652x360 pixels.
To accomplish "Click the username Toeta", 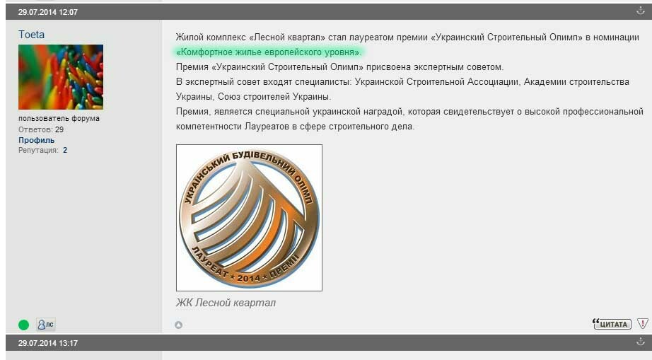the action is tap(31, 35).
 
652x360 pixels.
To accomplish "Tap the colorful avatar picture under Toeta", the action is tap(61, 77).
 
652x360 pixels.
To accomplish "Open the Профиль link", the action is tap(36, 140).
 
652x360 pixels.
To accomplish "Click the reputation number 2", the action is tap(65, 150).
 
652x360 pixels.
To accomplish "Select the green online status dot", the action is tap(24, 325).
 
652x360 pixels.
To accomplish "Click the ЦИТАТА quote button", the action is tap(612, 324).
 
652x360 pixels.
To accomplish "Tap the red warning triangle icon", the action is tap(642, 323).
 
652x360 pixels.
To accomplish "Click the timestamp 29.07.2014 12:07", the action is tap(48, 12).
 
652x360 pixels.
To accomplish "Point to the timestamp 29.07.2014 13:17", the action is tap(48, 343).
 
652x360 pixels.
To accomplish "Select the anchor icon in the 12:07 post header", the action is tap(641, 11).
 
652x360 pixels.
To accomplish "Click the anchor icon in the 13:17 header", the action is tap(641, 342).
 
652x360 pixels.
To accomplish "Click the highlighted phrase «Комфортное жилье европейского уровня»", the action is tap(269, 52).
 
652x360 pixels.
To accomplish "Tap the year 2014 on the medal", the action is tap(249, 278).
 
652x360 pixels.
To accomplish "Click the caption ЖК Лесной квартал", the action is tap(226, 303).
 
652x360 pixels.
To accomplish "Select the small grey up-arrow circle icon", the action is tap(179, 325).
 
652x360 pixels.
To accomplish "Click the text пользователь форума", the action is tap(59, 119).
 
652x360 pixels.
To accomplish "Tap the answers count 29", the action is tap(59, 129).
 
